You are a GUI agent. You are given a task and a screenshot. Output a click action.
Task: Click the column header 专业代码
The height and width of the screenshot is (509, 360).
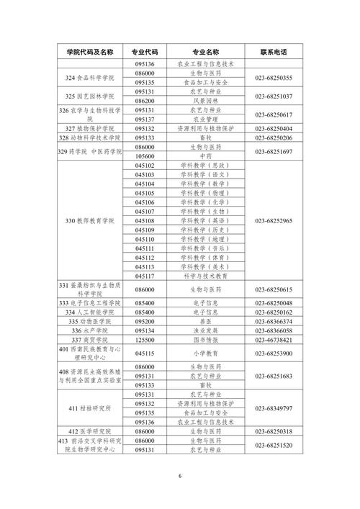(145, 52)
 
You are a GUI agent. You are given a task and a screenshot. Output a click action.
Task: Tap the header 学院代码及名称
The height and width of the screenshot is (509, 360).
(91, 52)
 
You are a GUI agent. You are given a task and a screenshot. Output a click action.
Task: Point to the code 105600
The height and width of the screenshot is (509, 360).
(145, 156)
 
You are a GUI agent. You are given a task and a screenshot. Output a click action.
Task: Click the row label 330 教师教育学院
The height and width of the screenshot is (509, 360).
(91, 220)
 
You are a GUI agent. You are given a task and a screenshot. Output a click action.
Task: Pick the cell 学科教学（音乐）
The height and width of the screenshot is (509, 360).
(206, 248)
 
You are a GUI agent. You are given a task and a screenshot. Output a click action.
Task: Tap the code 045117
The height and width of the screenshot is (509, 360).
(145, 276)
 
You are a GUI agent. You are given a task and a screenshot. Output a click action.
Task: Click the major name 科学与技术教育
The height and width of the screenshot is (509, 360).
(206, 276)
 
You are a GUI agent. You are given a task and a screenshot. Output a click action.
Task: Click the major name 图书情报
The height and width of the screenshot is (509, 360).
(206, 340)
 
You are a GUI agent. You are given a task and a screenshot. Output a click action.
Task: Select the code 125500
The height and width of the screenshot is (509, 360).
(145, 340)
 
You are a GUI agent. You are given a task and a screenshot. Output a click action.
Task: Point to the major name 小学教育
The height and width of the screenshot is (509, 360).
(206, 354)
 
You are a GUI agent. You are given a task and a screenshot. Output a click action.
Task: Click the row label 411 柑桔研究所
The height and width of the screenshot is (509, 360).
(91, 408)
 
